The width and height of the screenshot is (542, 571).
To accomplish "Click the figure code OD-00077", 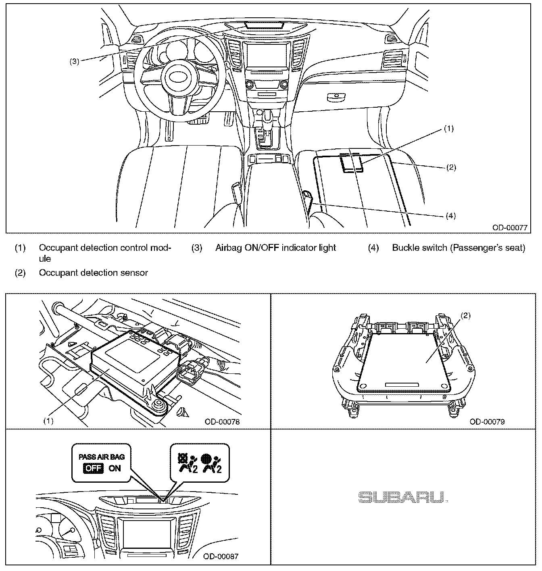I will point(510,227).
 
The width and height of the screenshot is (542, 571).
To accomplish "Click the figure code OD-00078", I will point(222,422).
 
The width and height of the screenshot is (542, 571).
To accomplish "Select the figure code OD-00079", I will point(487,422).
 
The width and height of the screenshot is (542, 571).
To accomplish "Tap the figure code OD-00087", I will point(221,556).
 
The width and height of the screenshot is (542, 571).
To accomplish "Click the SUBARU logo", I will point(403,498).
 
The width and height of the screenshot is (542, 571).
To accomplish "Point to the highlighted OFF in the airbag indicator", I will point(94,469).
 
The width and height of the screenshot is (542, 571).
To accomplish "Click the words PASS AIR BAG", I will point(102,457).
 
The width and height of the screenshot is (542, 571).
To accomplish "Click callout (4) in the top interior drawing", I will point(450,216).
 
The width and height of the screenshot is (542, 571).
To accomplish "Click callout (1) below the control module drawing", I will point(48,421).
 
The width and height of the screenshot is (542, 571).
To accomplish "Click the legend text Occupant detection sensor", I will point(93,273).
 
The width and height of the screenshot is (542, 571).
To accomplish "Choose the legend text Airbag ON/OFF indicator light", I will point(275,248).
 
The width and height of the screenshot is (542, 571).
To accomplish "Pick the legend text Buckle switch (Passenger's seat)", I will point(459,248).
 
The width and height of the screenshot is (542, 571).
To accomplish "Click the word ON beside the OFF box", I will point(115,469).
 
